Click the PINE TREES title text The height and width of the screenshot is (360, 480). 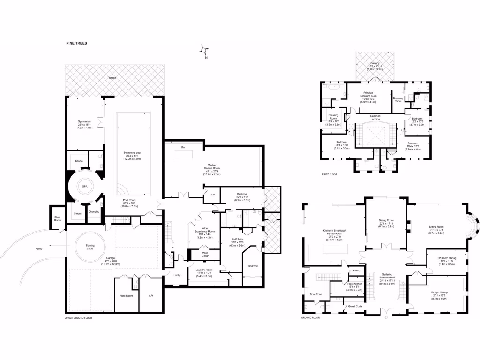[76, 43]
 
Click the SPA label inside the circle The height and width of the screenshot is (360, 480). [85, 186]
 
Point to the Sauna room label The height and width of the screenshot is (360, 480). [79, 161]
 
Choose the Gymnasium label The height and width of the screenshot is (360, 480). [85, 123]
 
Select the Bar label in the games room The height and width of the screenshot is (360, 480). [183, 148]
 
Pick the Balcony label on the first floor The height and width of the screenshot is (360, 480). [375, 64]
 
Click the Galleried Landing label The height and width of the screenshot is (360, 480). [375, 117]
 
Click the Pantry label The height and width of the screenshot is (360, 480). [357, 270]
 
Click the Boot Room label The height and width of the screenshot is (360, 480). [316, 294]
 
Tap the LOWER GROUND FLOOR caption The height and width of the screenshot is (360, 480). [78, 318]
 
